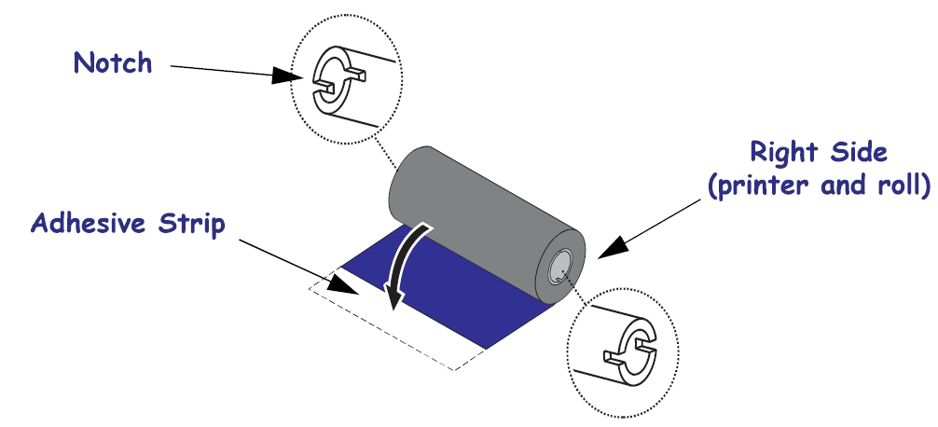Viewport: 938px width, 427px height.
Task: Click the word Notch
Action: tap(112, 63)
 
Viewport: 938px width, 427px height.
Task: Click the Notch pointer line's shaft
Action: tap(224, 72)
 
